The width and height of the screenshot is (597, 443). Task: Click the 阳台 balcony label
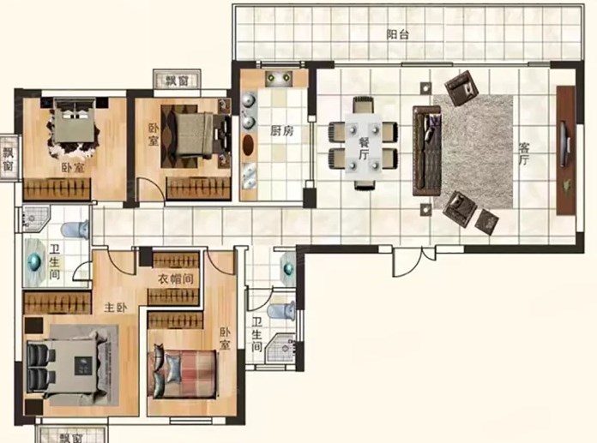[398, 35]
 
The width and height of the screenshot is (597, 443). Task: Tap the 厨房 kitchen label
[282, 131]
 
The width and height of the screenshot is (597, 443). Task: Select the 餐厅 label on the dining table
[364, 148]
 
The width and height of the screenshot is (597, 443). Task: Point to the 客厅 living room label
[525, 153]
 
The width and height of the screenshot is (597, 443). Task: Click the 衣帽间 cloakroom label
[176, 279]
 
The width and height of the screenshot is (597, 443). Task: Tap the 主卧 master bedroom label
[116, 308]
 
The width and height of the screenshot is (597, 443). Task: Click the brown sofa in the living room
[427, 151]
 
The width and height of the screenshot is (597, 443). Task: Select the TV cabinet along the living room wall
[566, 151]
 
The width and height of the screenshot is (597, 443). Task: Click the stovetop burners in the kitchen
[279, 78]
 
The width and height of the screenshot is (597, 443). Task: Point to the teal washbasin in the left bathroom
[34, 261]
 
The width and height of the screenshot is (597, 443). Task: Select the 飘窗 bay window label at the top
[177, 81]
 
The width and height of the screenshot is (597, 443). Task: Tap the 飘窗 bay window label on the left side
[9, 159]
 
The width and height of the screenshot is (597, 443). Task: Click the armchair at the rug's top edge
[461, 90]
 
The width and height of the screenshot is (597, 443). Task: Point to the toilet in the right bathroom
[281, 311]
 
